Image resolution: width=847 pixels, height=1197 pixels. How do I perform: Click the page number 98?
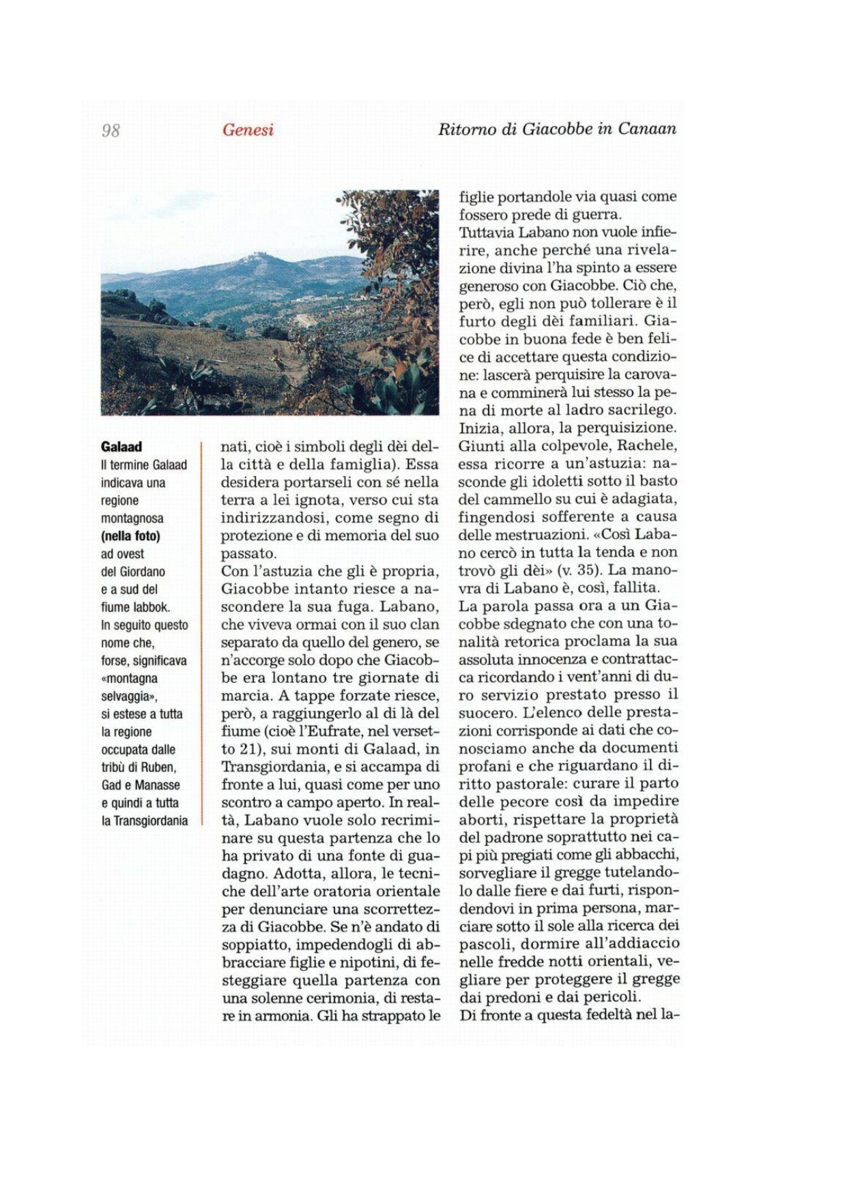tap(111, 130)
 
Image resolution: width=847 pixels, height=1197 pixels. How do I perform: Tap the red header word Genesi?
tap(248, 130)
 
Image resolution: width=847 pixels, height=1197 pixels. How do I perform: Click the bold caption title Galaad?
tap(121, 447)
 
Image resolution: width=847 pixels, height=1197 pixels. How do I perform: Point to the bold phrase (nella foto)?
tap(130, 536)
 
